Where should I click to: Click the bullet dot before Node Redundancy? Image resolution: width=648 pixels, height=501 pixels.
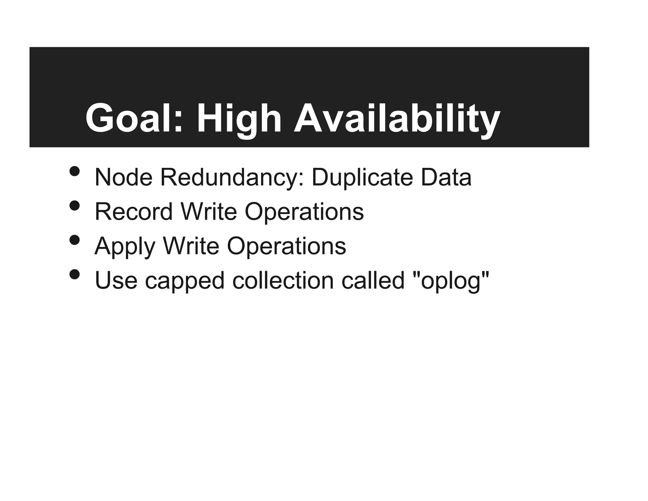[75, 171]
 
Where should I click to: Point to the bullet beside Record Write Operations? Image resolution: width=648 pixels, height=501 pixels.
[75, 206]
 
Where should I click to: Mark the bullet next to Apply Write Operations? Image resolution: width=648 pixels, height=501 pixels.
[75, 240]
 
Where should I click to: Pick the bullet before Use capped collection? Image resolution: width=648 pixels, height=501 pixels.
[75, 274]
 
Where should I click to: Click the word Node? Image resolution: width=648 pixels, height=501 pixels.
[123, 177]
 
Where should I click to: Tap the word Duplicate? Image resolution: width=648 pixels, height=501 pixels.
[362, 178]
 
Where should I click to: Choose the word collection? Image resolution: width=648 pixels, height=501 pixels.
[283, 281]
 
